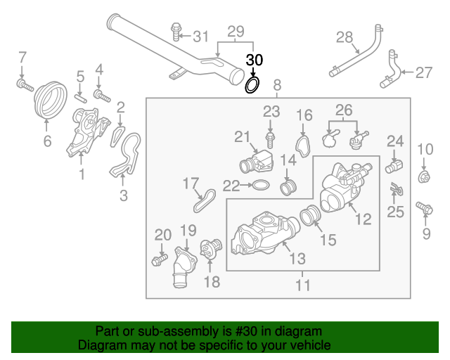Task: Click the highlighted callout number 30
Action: pos(254,60)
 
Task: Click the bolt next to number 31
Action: pos(176,32)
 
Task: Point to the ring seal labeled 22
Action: pos(259,186)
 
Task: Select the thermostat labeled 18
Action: pos(208,250)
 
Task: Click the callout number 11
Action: pos(302,285)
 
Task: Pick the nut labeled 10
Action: pos(425,176)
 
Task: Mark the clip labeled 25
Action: pos(397,189)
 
